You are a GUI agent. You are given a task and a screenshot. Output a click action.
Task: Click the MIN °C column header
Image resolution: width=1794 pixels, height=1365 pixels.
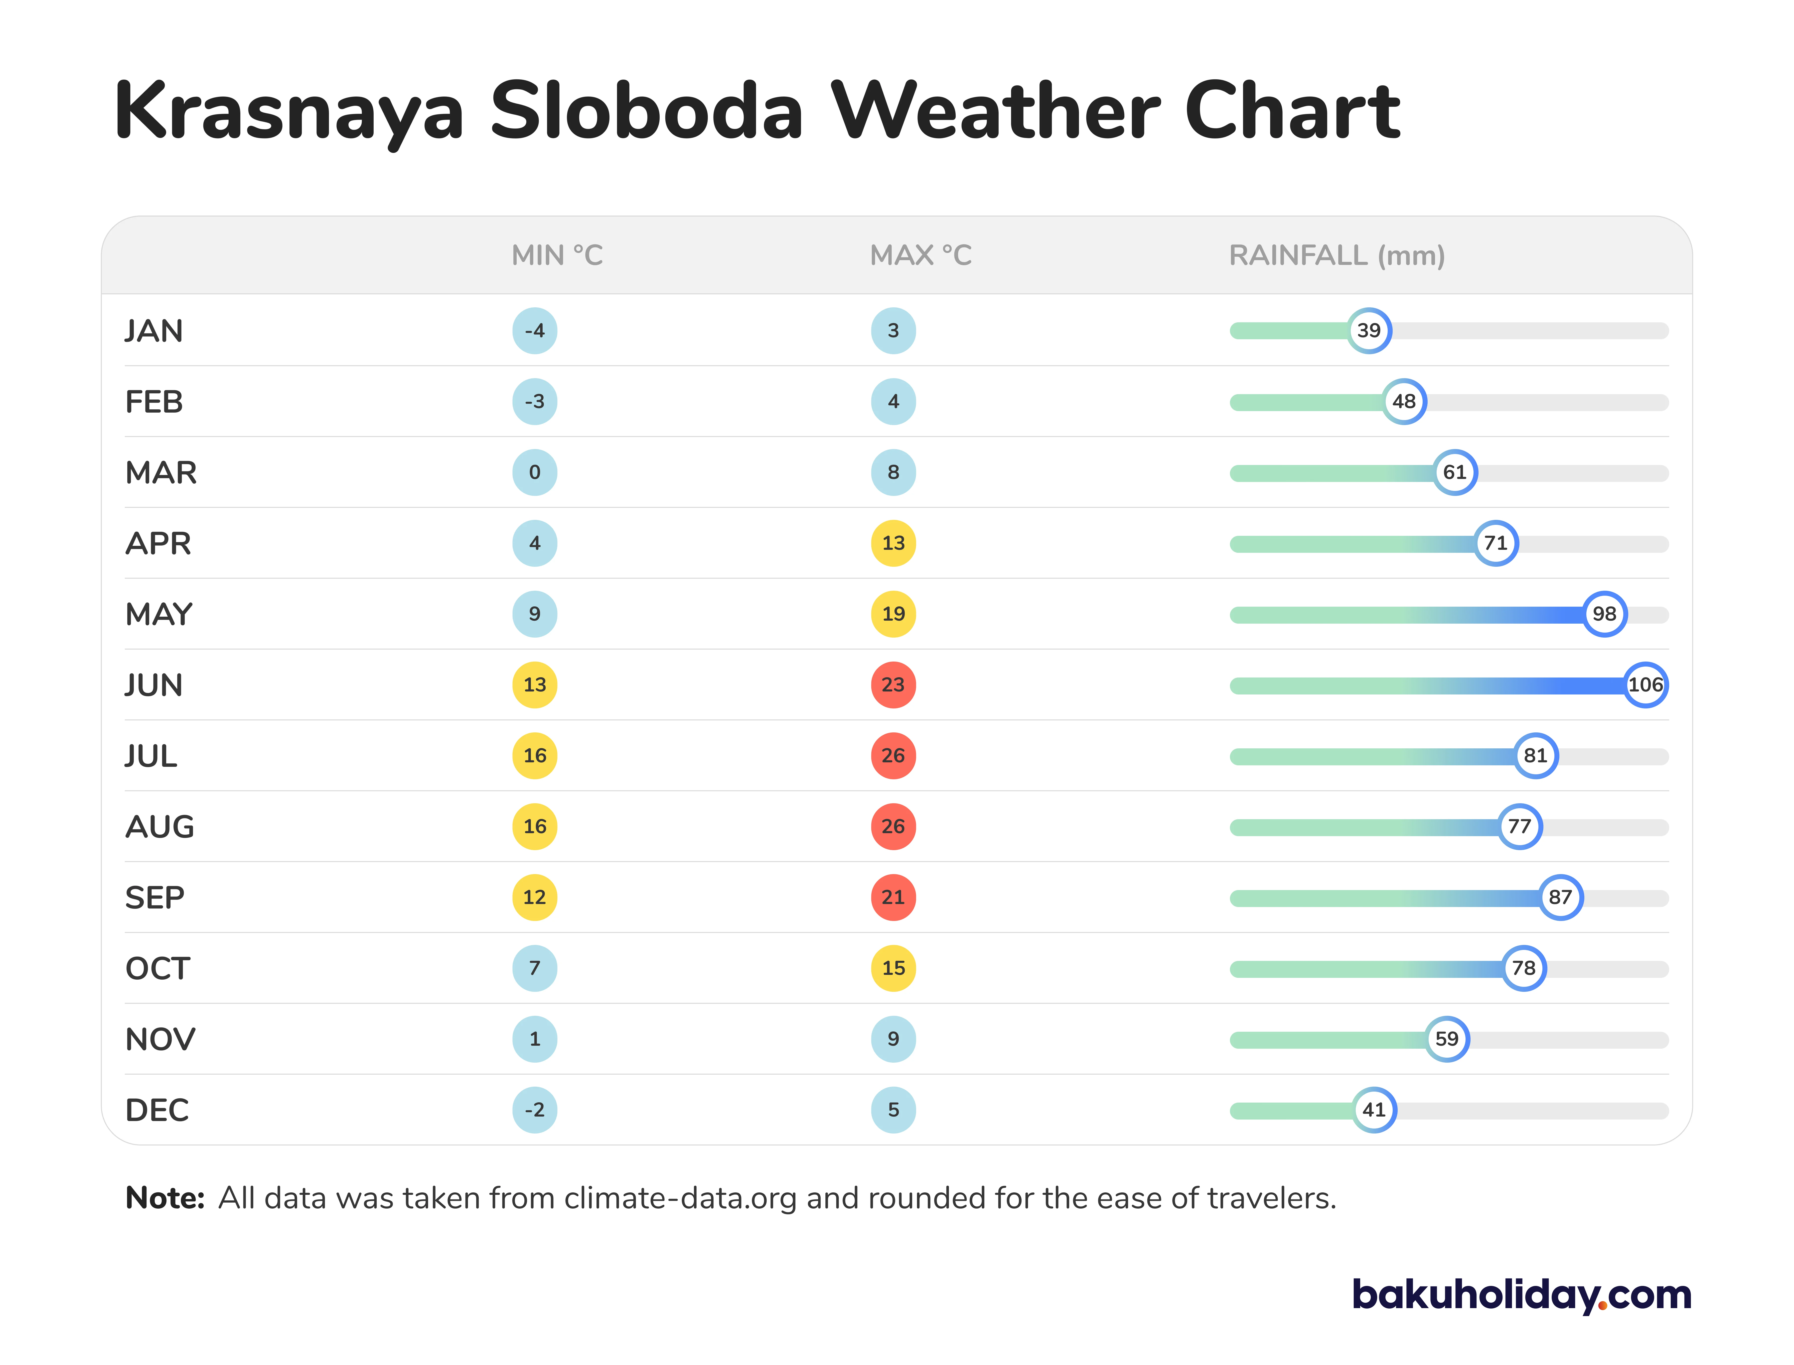pyautogui.click(x=557, y=255)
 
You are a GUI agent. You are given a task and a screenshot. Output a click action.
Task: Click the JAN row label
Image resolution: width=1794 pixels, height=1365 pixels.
pyautogui.click(x=154, y=331)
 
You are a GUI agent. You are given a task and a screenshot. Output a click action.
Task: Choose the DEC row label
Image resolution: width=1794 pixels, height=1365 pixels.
pyautogui.click(x=157, y=1110)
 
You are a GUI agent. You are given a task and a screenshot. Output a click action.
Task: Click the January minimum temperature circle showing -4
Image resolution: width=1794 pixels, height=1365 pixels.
pyautogui.click(x=535, y=331)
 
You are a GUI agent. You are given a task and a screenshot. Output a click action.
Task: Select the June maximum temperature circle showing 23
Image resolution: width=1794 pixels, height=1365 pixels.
pyautogui.click(x=893, y=685)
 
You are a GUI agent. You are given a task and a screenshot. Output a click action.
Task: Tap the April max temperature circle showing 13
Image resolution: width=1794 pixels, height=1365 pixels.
pyautogui.click(x=893, y=543)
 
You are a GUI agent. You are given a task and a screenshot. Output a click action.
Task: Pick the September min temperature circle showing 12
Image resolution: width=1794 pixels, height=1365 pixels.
pyautogui.click(x=535, y=897)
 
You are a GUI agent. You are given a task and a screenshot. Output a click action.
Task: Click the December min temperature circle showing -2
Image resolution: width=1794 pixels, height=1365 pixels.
pyautogui.click(x=535, y=1110)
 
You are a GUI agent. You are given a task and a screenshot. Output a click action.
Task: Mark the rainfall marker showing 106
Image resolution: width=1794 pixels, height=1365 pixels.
pyautogui.click(x=1645, y=685)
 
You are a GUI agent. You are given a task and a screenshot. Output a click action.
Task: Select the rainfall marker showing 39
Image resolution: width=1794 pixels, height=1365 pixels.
pyautogui.click(x=1369, y=331)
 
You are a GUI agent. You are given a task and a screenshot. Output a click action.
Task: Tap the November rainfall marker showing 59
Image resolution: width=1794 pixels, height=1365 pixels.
pyautogui.click(x=1447, y=1039)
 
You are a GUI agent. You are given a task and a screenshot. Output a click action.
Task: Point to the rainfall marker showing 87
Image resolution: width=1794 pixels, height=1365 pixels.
pyautogui.click(x=1560, y=897)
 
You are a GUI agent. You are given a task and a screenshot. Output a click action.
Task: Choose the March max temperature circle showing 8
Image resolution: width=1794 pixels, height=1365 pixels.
pyautogui.click(x=893, y=472)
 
